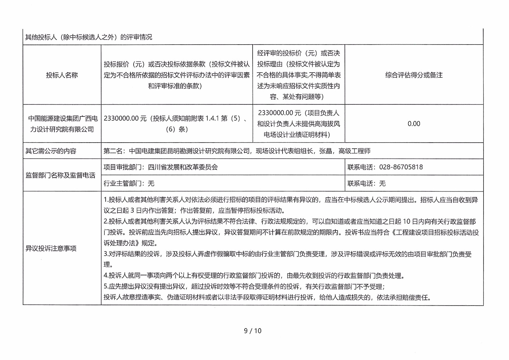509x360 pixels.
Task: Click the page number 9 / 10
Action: (x=253, y=331)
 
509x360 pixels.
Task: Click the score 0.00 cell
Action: (x=414, y=124)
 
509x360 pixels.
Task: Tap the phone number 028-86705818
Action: (x=401, y=167)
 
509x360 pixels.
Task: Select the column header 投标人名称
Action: (x=62, y=75)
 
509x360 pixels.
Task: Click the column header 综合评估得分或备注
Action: (x=414, y=75)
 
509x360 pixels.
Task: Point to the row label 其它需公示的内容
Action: (x=51, y=151)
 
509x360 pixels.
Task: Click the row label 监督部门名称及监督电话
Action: (x=60, y=175)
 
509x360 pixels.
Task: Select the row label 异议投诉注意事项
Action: (x=51, y=248)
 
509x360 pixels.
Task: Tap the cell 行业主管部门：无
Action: (x=129, y=183)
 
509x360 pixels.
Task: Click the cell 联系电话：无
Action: (x=366, y=183)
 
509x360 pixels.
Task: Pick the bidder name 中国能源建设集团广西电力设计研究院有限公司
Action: (x=62, y=124)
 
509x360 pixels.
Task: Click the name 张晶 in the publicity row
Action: (x=325, y=151)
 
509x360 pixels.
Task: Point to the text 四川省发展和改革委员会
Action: (x=183, y=167)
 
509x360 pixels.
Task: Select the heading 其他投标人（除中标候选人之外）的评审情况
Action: (x=88, y=37)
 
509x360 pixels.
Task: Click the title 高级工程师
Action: (x=354, y=151)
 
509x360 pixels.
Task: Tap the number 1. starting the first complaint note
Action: (x=106, y=200)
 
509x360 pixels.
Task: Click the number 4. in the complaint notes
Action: (x=106, y=276)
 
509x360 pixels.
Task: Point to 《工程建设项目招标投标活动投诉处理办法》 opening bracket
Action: (x=393, y=232)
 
